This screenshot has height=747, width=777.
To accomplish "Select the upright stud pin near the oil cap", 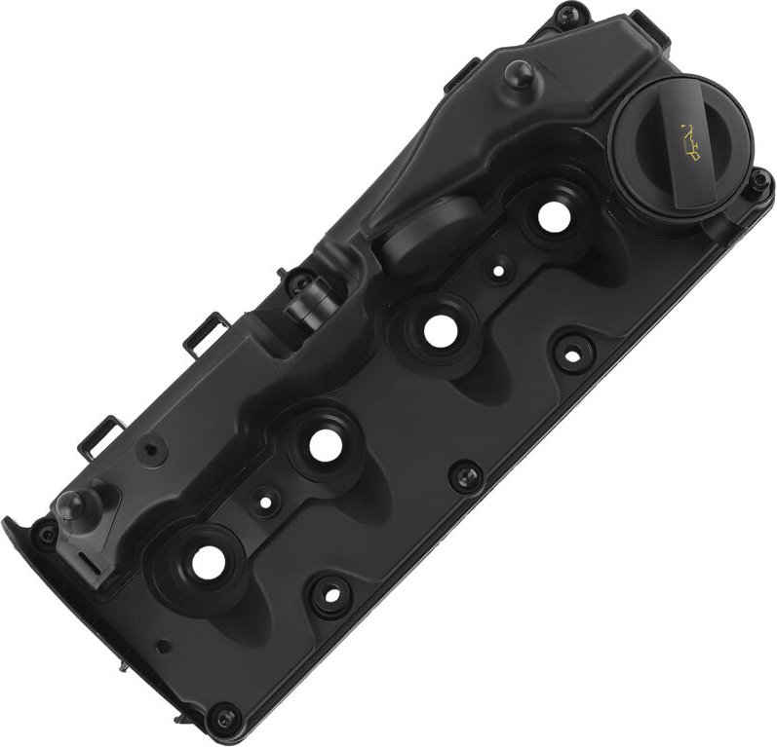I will click(514, 75).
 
